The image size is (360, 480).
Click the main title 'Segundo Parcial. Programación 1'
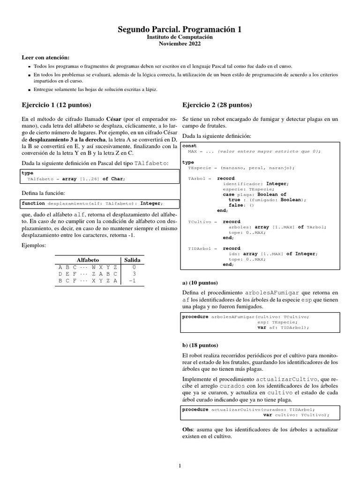[x=180, y=30]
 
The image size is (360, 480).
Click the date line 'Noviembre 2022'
[x=180, y=44]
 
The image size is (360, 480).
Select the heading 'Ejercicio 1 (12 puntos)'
[x=56, y=104]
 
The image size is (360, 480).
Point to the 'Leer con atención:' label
[x=45, y=57]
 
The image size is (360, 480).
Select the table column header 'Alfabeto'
[x=88, y=260]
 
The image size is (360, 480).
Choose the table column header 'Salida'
[x=132, y=260]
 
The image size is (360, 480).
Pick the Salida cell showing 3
[x=134, y=274]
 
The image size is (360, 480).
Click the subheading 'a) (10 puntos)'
[x=200, y=283]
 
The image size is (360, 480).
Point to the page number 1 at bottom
[x=180, y=465]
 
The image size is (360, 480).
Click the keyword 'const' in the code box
[x=190, y=146]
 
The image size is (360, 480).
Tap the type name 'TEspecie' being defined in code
[x=198, y=167]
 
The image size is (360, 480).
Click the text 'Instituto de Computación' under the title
[x=180, y=37]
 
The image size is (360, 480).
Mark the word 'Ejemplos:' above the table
[x=35, y=245]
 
